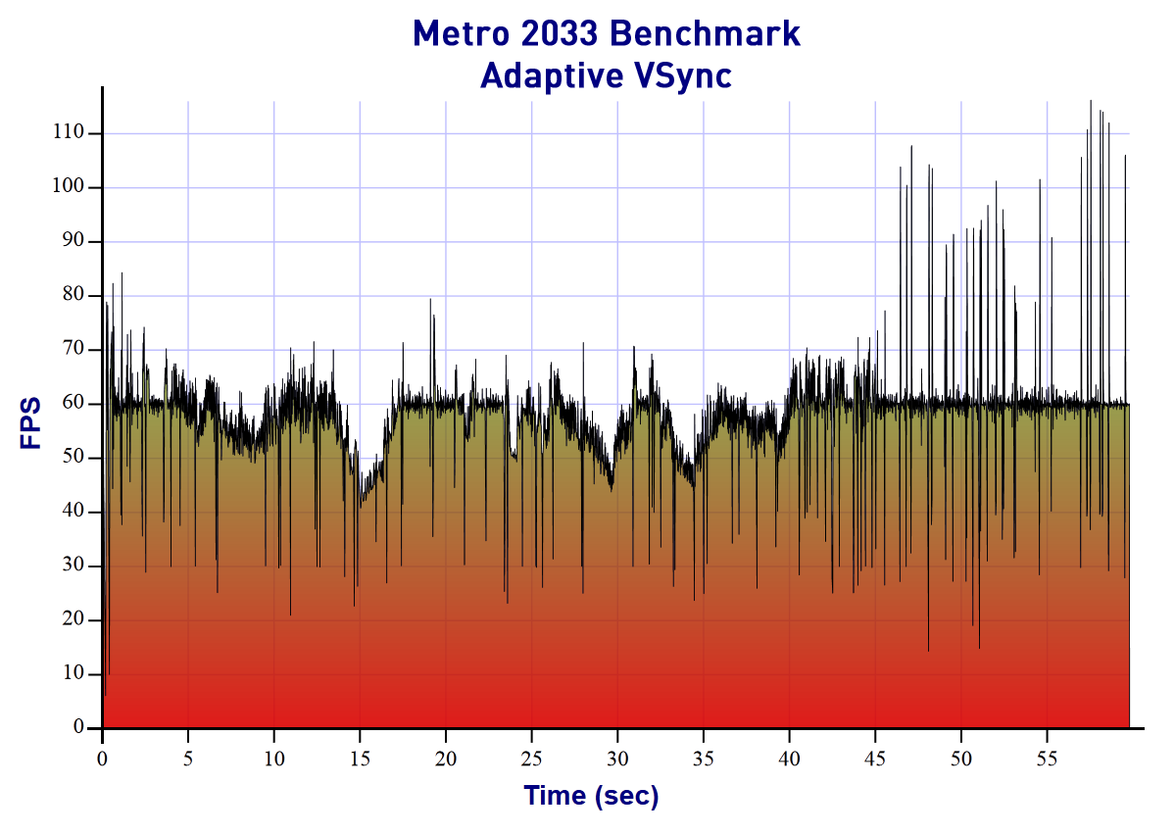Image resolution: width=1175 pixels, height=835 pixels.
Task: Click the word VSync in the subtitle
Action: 682,75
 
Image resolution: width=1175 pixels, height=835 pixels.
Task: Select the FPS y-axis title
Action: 31,422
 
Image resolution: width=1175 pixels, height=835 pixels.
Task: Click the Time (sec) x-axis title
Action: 591,796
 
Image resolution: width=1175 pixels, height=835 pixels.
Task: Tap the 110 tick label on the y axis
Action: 71,133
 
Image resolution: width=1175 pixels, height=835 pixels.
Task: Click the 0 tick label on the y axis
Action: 80,728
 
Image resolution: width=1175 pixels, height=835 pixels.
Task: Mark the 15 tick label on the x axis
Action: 360,758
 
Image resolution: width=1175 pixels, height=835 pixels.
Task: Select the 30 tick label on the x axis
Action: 617,758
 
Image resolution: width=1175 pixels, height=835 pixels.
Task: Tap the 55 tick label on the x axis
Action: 1048,758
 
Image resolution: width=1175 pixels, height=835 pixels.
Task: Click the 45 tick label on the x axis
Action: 875,758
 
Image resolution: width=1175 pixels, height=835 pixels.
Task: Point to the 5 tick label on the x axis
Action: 188,758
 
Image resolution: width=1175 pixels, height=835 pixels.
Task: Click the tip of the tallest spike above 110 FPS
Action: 1091,100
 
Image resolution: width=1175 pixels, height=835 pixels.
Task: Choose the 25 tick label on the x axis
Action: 531,758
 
